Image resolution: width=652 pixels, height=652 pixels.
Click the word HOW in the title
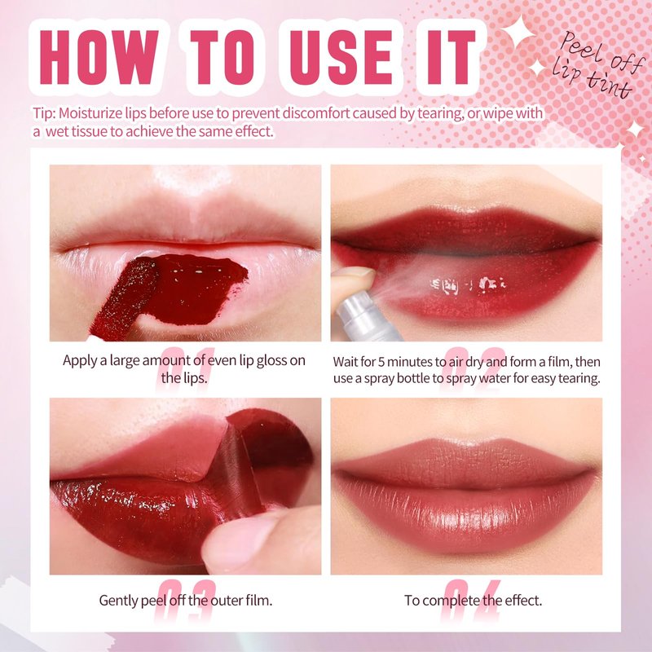[99, 57]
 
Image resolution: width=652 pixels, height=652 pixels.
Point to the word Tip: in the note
[45, 113]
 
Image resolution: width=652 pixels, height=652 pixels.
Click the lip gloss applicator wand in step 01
[124, 298]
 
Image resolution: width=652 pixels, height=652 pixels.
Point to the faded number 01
[186, 369]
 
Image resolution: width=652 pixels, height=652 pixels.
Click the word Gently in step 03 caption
[118, 601]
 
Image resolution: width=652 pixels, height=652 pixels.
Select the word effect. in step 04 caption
[523, 601]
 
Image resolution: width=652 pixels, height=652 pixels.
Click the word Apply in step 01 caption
[79, 361]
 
